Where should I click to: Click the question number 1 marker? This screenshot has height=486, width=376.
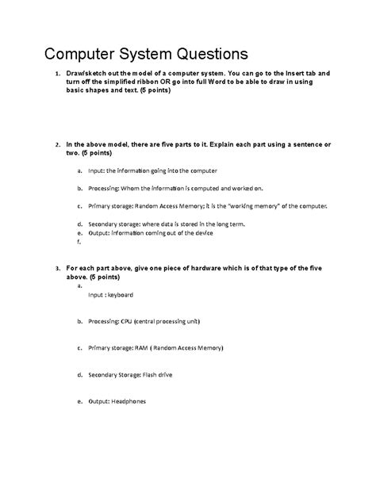pyautogui.click(x=56, y=74)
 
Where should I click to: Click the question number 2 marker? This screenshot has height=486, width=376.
pyautogui.click(x=56, y=145)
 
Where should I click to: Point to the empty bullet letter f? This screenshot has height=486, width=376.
pyautogui.click(x=79, y=243)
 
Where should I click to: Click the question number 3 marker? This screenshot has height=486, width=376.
pyautogui.click(x=56, y=269)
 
